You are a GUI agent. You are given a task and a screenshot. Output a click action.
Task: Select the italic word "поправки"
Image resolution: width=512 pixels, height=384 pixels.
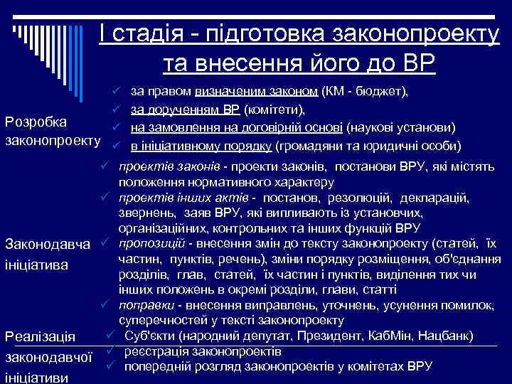[x=142, y=305]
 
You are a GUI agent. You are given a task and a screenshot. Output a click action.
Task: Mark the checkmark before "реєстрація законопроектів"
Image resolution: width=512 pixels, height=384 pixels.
[x=111, y=351]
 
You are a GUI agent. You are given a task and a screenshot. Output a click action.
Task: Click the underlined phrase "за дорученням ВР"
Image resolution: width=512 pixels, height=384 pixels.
[x=186, y=110]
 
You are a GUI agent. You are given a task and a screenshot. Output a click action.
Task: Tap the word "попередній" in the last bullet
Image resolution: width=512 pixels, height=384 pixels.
[x=157, y=366]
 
